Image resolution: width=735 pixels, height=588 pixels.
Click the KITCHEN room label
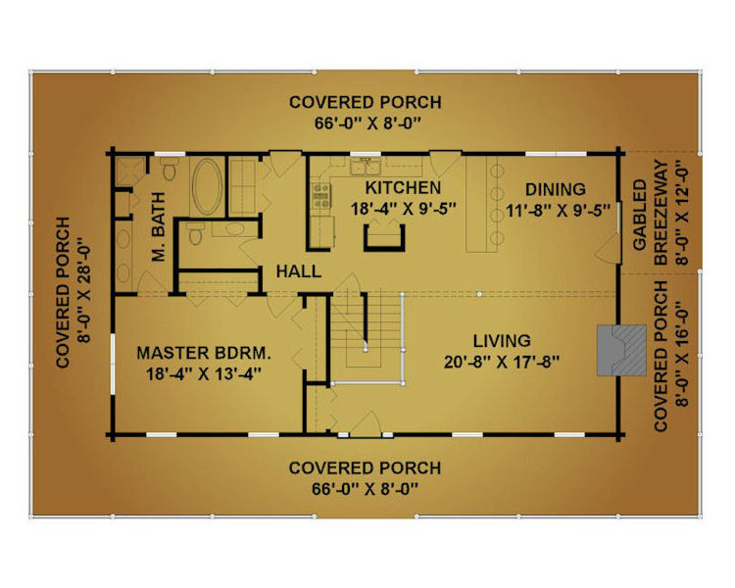click(x=403, y=187)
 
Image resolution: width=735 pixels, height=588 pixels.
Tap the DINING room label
click(x=556, y=189)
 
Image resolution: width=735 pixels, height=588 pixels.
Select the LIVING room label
click(x=502, y=340)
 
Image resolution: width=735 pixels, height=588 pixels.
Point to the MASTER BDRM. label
click(x=204, y=353)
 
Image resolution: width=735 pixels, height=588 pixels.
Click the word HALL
click(x=299, y=271)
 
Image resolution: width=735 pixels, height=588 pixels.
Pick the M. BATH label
click(x=159, y=226)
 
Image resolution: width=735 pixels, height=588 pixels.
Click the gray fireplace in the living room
click(x=621, y=350)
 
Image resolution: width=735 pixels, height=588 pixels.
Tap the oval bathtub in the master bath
click(x=207, y=186)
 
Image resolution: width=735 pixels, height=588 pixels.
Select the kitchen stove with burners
click(x=321, y=196)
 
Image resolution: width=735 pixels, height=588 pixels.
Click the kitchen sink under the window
click(x=366, y=167)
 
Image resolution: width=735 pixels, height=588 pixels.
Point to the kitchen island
click(x=384, y=238)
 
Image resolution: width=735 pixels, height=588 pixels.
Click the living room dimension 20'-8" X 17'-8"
click(x=502, y=362)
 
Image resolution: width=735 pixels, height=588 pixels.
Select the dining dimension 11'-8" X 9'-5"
click(x=558, y=211)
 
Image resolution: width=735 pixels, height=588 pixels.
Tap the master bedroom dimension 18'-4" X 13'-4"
click(x=204, y=374)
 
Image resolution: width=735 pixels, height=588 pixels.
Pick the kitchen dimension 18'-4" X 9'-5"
click(x=404, y=209)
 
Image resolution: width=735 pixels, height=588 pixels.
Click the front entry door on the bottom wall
click(x=366, y=424)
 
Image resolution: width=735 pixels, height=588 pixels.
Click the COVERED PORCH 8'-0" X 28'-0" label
click(x=73, y=292)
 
